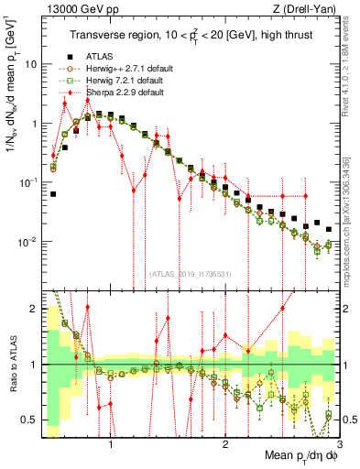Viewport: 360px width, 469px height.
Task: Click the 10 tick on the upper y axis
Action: (x=31, y=64)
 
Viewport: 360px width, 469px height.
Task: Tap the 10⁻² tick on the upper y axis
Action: (x=28, y=243)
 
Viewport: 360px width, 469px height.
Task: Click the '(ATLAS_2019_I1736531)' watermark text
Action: (x=189, y=274)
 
